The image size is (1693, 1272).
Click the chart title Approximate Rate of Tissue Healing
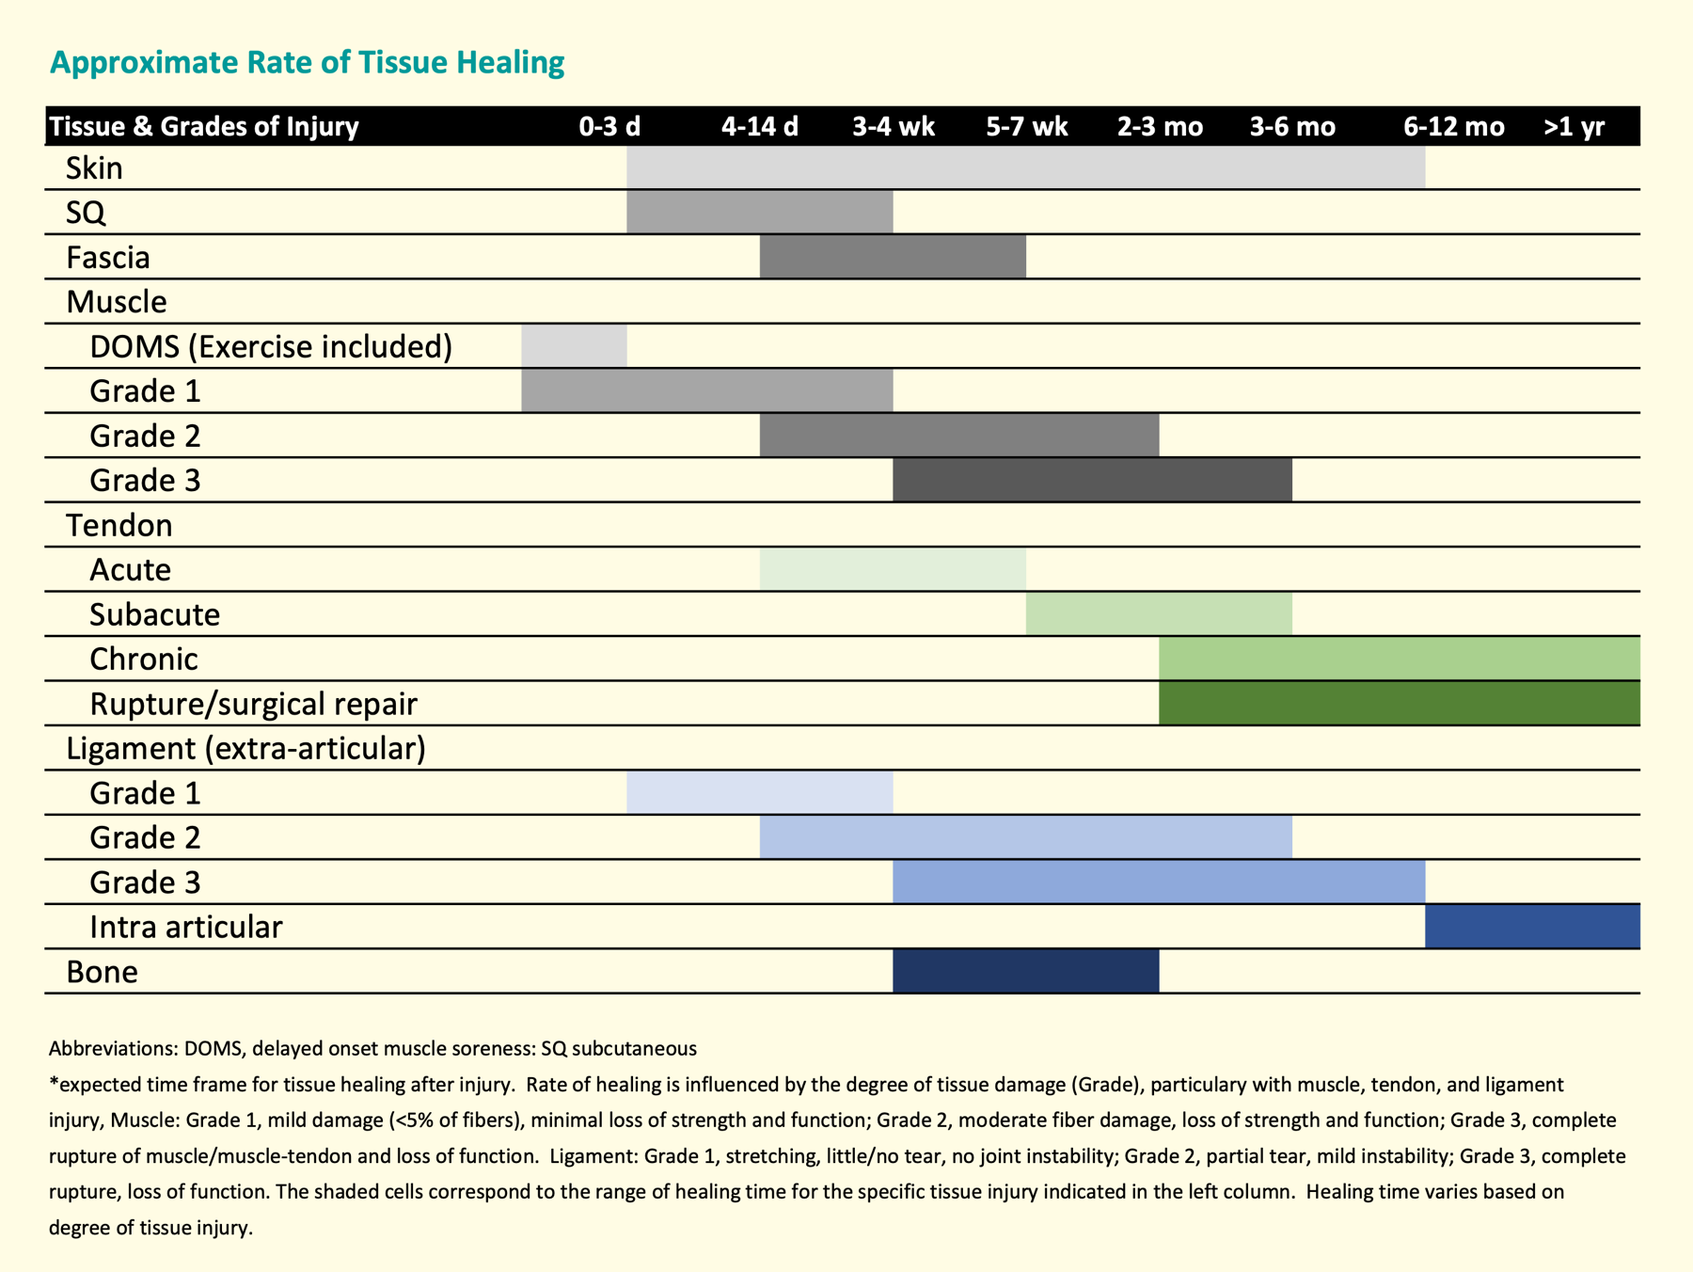tap(307, 63)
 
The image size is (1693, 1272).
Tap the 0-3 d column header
tap(609, 127)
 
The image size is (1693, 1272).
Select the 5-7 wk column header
tap(1026, 127)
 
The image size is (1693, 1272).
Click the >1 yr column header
tap(1574, 127)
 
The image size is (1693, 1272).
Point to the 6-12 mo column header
tap(1453, 127)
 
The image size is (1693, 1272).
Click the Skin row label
tap(94, 168)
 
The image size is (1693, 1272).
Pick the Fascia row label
tap(108, 258)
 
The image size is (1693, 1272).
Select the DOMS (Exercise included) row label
tap(271, 347)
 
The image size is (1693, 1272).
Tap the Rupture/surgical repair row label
tap(253, 704)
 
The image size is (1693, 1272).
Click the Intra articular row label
tap(185, 928)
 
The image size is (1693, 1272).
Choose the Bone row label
tap(102, 972)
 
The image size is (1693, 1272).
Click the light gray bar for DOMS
tap(574, 346)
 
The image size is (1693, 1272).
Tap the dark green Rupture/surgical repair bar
tap(1399, 704)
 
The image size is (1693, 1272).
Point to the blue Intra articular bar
tap(1532, 927)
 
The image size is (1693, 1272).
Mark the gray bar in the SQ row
tap(759, 213)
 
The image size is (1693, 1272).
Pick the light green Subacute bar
tap(1159, 614)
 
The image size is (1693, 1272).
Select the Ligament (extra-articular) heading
tap(245, 749)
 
